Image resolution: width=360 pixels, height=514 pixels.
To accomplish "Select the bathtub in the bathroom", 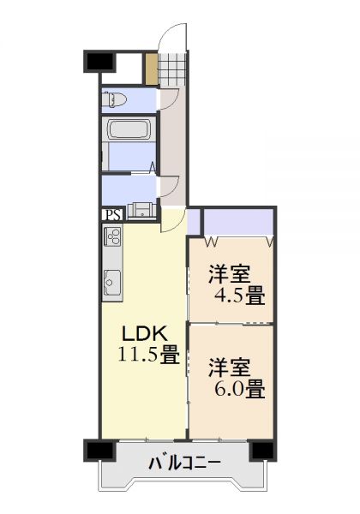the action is click(129, 129).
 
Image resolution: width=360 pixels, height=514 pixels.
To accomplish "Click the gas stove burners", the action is click(113, 236).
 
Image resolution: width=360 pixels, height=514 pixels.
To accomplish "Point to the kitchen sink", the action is click(112, 282).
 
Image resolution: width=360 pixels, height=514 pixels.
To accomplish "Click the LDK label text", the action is click(145, 334).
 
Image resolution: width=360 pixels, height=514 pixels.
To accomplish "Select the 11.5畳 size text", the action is click(148, 355).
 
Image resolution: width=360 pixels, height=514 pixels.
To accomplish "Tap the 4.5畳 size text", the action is click(240, 296).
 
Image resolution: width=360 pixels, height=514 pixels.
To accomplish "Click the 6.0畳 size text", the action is click(240, 389).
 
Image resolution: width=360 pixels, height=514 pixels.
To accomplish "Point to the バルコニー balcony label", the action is click(184, 463).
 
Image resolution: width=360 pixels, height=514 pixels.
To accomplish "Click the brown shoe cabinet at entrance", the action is click(152, 69).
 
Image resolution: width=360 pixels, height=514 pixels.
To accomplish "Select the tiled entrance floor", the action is click(172, 69).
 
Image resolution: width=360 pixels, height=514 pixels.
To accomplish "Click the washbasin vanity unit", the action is click(141, 211).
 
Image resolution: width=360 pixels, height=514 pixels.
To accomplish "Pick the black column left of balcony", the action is click(100, 451).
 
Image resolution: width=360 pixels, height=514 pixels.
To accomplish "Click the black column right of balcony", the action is click(262, 451).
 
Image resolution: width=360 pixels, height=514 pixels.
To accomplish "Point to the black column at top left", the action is click(99, 62).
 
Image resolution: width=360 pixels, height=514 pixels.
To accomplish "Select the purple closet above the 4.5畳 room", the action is click(238, 221).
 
